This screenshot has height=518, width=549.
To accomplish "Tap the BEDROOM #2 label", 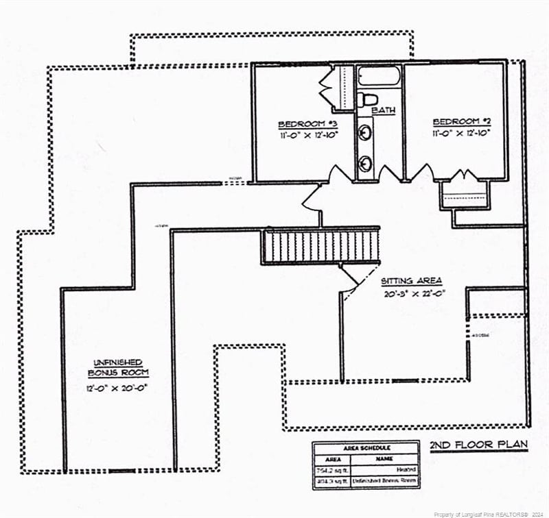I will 461,122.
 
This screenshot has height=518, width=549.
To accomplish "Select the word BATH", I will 384,110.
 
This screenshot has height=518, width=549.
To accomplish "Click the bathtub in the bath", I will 378,75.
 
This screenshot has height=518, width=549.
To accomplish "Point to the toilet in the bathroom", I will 364,99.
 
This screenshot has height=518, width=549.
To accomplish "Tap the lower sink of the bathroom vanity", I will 366,163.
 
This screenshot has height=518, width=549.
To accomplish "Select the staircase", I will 320,247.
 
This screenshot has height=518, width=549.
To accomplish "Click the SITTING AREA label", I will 412,281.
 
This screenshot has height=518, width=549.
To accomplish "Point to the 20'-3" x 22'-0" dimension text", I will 415,294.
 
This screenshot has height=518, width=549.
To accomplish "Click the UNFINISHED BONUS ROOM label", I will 117,367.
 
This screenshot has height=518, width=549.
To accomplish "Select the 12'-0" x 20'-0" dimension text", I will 117,387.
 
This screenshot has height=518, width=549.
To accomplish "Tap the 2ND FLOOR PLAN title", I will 478,445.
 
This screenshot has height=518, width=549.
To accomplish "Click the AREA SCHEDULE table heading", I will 366,447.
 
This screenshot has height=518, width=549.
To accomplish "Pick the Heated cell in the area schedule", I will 404,471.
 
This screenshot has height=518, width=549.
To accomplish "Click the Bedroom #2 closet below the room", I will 465,193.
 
